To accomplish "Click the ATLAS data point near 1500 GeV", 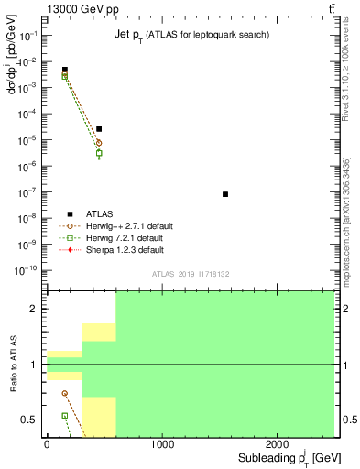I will [225, 194].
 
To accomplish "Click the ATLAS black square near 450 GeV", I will [99, 129].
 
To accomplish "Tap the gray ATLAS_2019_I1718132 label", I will [190, 273].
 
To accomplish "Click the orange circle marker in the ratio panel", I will [65, 393].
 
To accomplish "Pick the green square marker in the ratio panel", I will [65, 415].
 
